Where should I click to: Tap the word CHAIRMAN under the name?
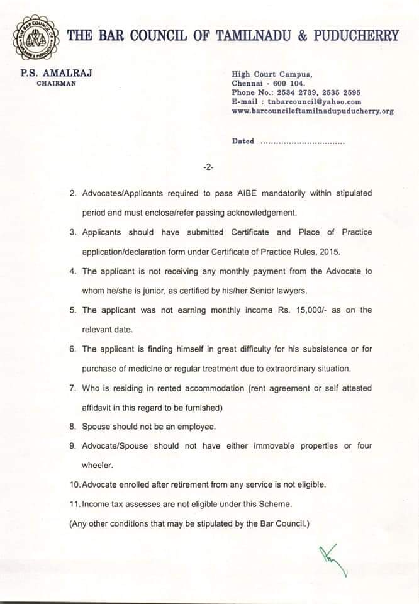click(56, 83)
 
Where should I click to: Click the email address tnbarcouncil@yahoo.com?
click(315, 101)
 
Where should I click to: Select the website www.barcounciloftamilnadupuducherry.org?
click(313, 111)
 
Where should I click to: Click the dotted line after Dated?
click(302, 142)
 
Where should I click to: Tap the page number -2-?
click(209, 167)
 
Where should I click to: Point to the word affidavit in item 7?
click(99, 407)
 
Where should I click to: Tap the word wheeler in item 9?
click(98, 466)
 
